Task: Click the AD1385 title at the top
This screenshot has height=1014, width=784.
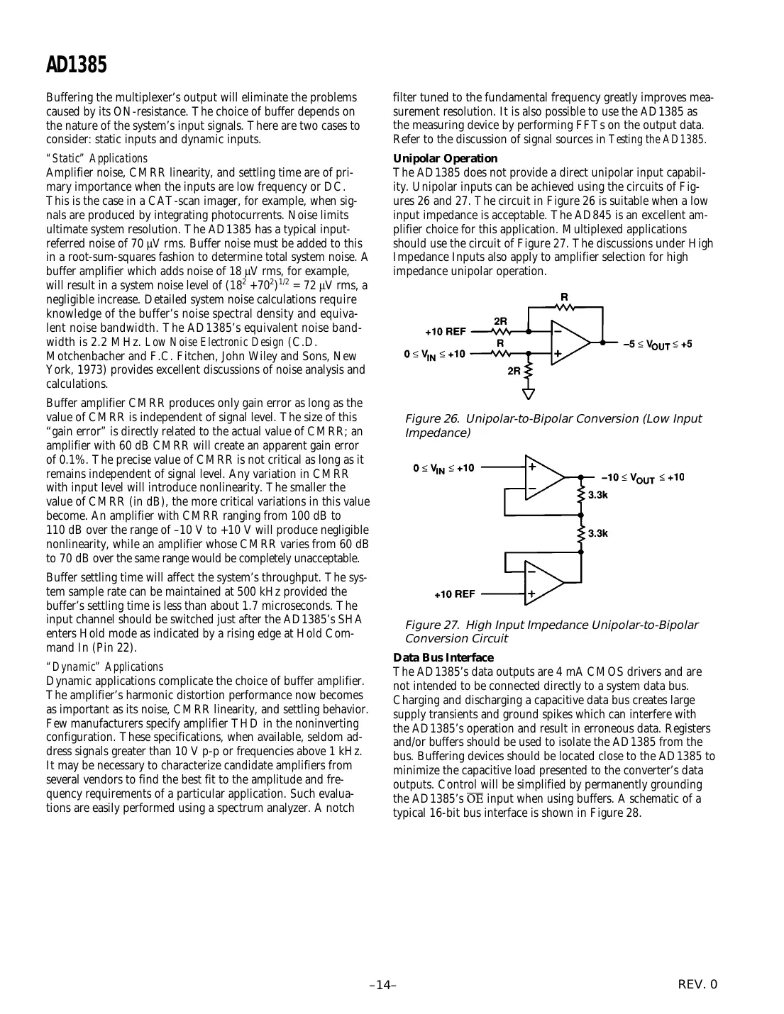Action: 77,65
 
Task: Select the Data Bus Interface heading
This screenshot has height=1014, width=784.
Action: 443,657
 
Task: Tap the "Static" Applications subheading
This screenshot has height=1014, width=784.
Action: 96,159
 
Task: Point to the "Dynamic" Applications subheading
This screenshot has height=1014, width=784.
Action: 104,667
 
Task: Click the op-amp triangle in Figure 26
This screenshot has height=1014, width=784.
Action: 569,342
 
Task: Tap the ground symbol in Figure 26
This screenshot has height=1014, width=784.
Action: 529,394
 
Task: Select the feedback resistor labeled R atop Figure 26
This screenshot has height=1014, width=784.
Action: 565,306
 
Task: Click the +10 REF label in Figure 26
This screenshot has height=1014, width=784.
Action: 445,331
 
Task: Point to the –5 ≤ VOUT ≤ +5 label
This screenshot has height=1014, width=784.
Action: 657,345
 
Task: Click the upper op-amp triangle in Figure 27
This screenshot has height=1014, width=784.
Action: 542,477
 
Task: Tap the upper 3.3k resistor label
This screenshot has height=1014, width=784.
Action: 598,495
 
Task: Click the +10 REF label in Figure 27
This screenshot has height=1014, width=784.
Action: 455,594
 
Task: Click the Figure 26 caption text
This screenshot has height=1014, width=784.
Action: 552,425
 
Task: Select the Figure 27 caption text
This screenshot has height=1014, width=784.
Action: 551,631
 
